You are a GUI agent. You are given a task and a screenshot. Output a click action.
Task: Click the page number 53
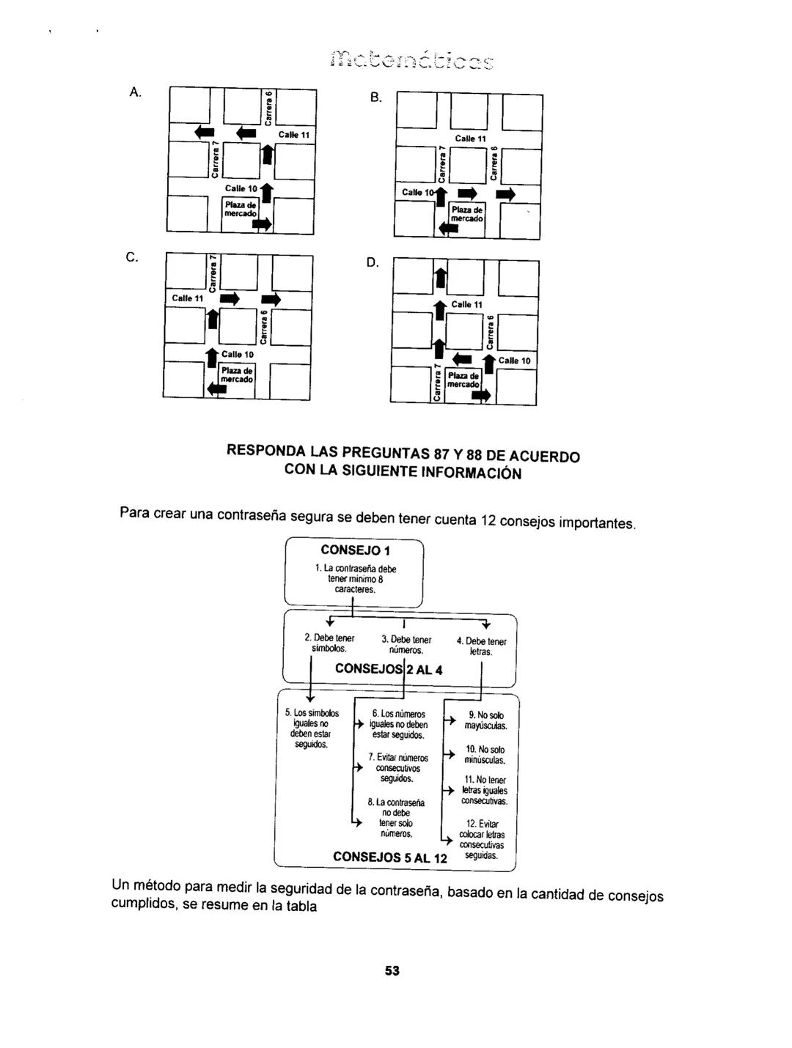click(392, 970)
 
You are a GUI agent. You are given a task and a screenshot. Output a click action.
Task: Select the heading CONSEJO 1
click(355, 550)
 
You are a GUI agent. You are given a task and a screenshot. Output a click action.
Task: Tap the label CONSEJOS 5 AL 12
click(389, 857)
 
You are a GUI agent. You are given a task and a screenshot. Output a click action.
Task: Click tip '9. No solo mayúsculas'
click(486, 720)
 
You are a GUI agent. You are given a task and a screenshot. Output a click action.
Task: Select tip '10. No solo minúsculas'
click(485, 755)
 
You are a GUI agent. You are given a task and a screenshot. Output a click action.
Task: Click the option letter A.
click(134, 92)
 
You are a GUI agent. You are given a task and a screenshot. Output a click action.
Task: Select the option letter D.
click(373, 262)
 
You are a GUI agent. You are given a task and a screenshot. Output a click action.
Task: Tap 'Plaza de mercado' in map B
click(466, 214)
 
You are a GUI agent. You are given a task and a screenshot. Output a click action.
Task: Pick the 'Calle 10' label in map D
click(514, 361)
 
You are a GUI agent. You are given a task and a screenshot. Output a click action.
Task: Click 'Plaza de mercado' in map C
click(237, 374)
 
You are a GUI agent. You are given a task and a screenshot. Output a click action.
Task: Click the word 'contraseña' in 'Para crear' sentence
click(248, 515)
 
